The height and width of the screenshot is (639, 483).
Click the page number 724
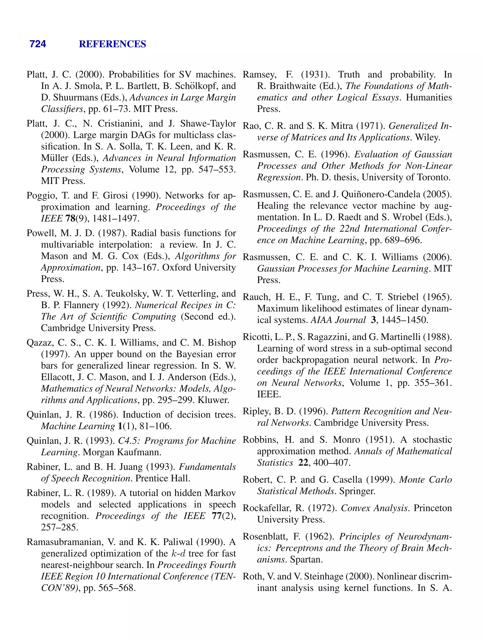[38, 44]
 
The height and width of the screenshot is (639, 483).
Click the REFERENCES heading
[112, 44]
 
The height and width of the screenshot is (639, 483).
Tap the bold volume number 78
[70, 219]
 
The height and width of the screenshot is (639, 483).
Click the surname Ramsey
[259, 75]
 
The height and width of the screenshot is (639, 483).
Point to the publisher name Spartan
[306, 560]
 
